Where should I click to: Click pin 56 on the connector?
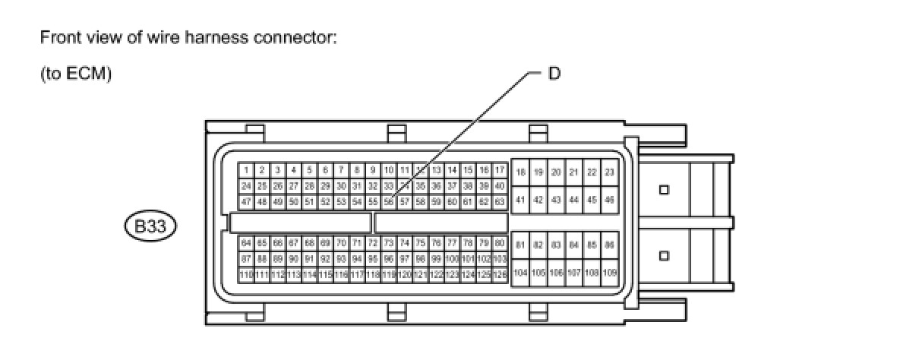[x=389, y=202]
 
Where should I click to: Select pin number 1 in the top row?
[x=246, y=170]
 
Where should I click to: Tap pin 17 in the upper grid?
[x=500, y=170]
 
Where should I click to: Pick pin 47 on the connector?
[x=246, y=202]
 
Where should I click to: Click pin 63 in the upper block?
[x=500, y=202]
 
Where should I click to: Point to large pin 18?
[x=520, y=173]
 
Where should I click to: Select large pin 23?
[x=609, y=173]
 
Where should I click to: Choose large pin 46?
[x=609, y=200]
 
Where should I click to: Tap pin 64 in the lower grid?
[x=246, y=243]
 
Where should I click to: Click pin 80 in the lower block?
[x=500, y=243]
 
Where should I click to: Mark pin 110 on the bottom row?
[x=246, y=274]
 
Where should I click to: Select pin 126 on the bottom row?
[x=500, y=274]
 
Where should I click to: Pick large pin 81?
[x=520, y=245]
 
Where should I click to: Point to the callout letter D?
[x=554, y=74]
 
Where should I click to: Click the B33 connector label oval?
[x=150, y=226]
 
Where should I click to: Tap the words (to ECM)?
[x=76, y=74]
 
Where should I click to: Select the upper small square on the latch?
[x=664, y=189]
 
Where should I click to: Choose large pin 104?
[x=520, y=272]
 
